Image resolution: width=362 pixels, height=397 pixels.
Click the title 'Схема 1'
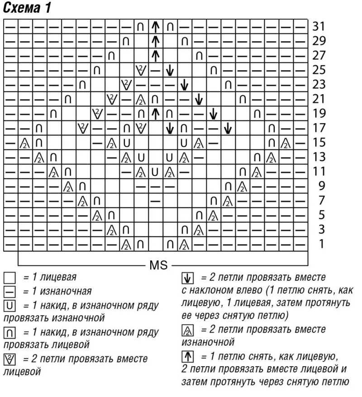coord(27,8)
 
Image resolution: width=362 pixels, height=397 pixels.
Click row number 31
coord(319,26)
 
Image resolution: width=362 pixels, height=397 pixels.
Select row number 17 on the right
coord(319,128)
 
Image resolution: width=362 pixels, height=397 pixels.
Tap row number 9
coord(321,186)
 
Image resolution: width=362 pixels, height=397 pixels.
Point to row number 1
coord(321,244)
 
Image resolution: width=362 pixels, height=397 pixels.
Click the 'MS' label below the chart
coord(159,265)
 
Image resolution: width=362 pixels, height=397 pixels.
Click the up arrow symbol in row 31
coord(155,26)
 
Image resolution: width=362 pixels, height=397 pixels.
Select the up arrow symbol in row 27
coord(155,55)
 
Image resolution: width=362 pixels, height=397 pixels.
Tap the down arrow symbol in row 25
coord(170,70)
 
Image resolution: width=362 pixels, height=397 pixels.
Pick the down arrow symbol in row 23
coord(184,85)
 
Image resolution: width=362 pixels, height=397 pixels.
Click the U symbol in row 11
coord(155,172)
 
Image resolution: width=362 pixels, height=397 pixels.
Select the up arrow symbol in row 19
coord(155,114)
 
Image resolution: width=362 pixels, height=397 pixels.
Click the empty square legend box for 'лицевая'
coord(10,277)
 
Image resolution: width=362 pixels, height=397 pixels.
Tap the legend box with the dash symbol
coord(10,292)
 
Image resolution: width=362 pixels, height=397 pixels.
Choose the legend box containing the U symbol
coord(10,306)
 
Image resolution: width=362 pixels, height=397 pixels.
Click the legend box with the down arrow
coord(188,278)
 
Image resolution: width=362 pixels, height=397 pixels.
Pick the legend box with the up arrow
coord(188,357)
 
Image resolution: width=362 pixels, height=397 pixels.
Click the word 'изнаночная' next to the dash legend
coord(66,292)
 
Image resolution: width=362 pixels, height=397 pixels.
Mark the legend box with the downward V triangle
coord(10,359)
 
